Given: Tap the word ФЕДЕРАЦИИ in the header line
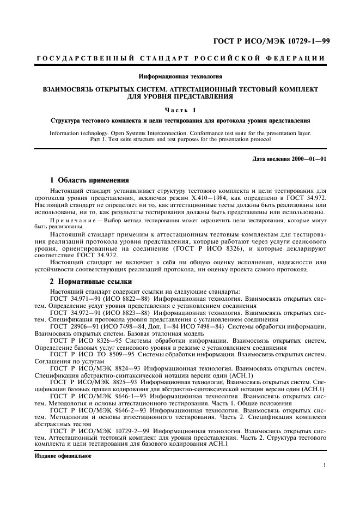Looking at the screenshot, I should click(303, 59).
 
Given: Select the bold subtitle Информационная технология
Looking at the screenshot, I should click(180, 76).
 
